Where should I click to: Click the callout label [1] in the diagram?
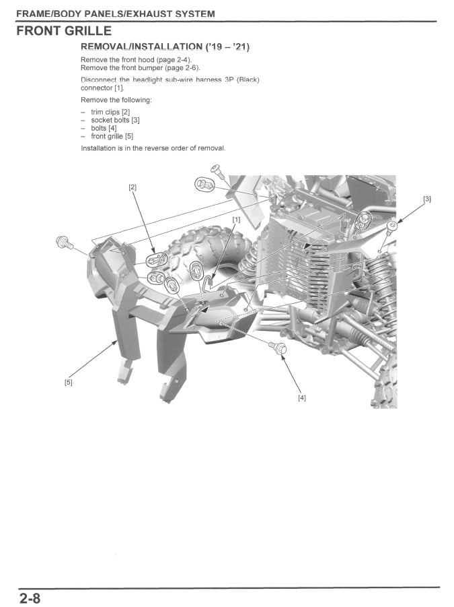coord(236,220)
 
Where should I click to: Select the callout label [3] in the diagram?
coord(426,199)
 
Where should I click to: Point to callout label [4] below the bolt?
coord(301,397)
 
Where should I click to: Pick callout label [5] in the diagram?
coord(68,382)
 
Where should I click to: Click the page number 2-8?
coord(30,598)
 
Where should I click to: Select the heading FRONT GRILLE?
coord(64,31)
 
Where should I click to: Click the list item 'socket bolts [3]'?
coord(115,120)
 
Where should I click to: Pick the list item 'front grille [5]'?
coord(112,135)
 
